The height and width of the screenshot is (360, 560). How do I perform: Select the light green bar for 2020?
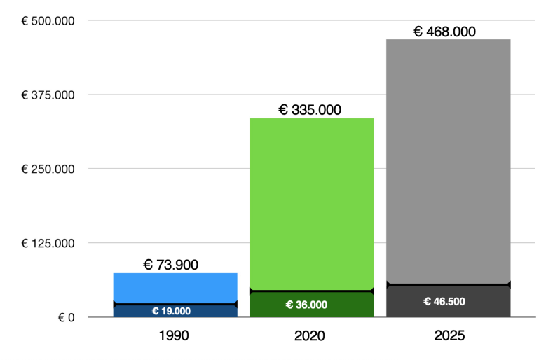pos(311,203)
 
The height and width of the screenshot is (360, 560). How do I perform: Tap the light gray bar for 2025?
pos(448,161)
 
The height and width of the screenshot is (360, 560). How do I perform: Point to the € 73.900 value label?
pos(171,264)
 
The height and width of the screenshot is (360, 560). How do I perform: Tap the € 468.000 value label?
pos(444,31)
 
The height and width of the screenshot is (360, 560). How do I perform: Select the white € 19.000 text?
pos(171,311)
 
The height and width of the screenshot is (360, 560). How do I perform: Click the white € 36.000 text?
pos(306,305)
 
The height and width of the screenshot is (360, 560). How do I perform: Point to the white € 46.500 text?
pos(444,301)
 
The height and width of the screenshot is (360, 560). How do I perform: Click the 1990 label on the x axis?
pos(174,336)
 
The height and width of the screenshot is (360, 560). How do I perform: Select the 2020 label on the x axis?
pos(310,336)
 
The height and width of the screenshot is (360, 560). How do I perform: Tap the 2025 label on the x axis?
pos(449,336)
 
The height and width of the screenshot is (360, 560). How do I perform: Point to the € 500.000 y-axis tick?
pos(48,20)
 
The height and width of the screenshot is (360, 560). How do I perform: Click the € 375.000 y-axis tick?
pos(48,95)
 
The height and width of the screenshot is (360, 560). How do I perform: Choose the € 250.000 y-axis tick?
pos(48,169)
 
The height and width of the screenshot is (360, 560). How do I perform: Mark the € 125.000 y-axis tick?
pos(48,243)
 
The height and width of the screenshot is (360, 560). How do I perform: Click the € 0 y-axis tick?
pos(67,317)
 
